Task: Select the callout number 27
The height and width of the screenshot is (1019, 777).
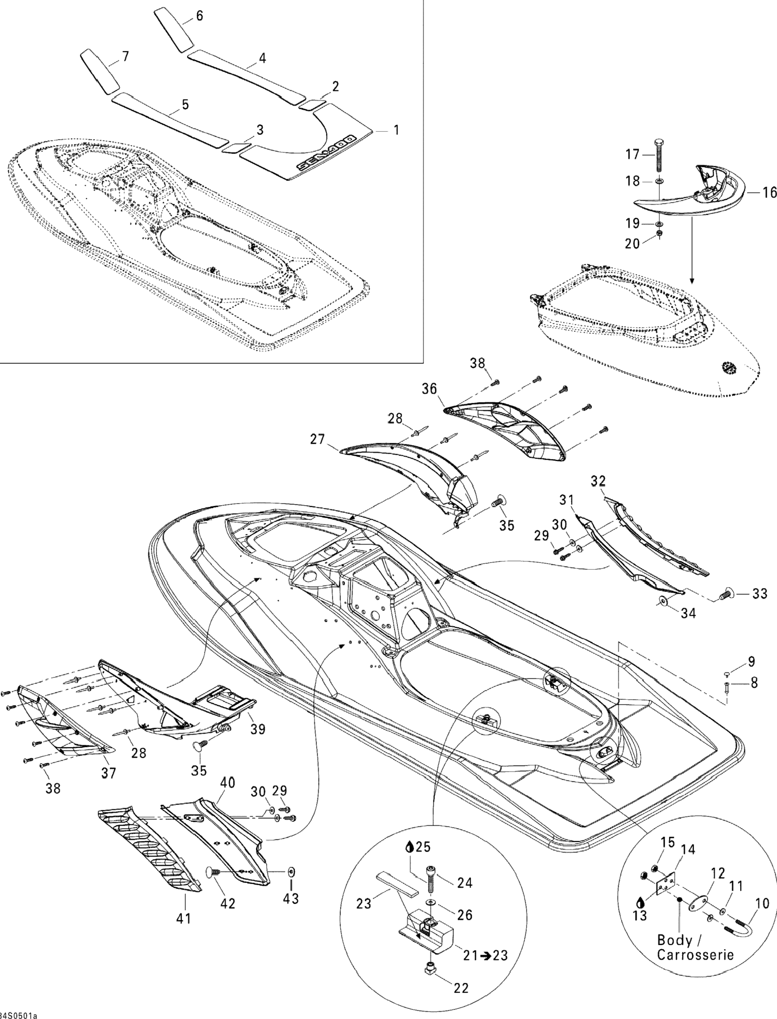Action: tap(318, 439)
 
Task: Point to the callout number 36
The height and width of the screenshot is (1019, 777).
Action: tap(430, 389)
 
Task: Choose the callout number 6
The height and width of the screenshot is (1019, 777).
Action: tap(199, 16)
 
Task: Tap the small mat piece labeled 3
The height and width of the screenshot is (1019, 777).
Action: tap(234, 148)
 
